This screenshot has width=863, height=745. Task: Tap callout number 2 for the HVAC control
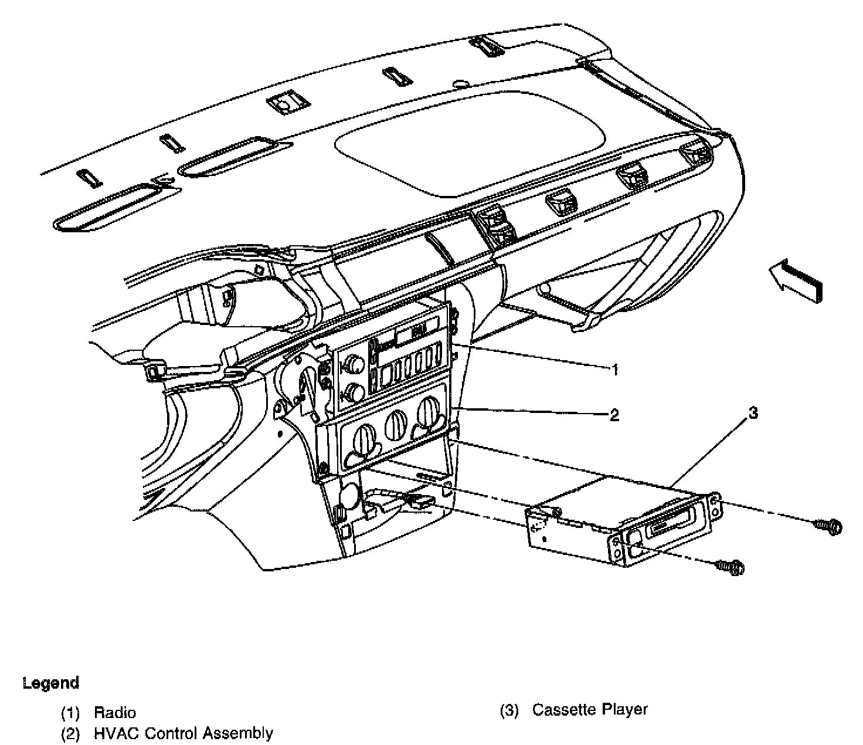[614, 415]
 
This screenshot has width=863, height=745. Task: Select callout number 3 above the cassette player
[753, 413]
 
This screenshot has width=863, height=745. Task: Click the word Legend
[50, 683]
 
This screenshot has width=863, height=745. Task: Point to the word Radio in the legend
[115, 713]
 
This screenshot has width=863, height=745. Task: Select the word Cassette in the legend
[565, 709]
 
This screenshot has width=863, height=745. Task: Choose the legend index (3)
[509, 710]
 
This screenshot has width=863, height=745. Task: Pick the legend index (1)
[70, 713]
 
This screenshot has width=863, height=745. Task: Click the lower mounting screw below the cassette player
[732, 567]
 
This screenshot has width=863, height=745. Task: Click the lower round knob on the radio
[354, 391]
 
